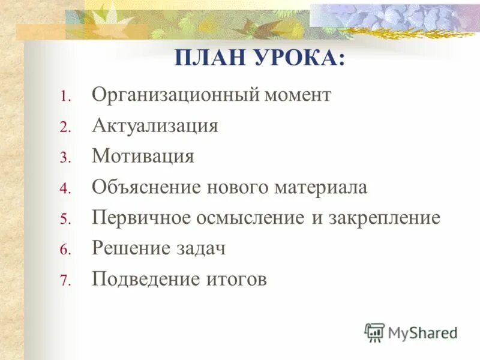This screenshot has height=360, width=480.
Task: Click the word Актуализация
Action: coord(155,126)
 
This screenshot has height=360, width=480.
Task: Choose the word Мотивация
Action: coord(143,157)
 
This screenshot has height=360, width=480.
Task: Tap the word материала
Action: coord(321,188)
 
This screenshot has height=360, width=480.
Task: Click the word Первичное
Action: coord(140,218)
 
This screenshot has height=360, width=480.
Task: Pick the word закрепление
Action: coord(384,218)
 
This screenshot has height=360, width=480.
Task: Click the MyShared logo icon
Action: coord(374,332)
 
